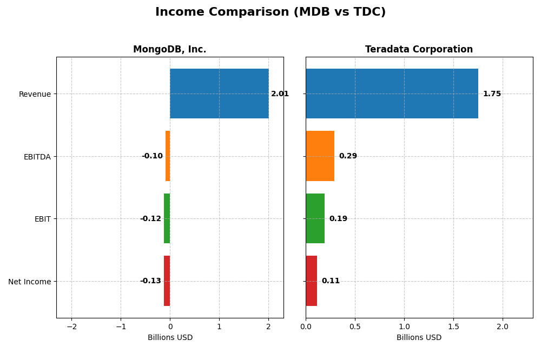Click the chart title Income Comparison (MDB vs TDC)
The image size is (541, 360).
(x=270, y=12)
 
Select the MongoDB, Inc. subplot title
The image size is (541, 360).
(x=169, y=49)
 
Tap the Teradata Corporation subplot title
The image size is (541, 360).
(x=419, y=49)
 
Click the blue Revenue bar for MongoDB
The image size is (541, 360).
(x=219, y=94)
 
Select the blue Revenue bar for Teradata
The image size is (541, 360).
(x=392, y=94)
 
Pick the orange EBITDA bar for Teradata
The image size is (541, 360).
(x=320, y=156)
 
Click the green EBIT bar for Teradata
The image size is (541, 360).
(x=315, y=218)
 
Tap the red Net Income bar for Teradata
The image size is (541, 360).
(x=311, y=281)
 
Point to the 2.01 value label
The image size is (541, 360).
(x=280, y=94)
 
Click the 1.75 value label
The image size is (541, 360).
(x=492, y=94)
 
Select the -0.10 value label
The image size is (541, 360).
(x=152, y=156)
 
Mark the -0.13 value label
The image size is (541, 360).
(x=150, y=281)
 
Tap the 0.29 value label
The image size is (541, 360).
(x=348, y=156)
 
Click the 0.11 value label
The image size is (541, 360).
(x=331, y=281)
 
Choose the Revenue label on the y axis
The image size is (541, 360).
(x=35, y=94)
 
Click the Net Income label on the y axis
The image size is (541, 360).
(x=30, y=282)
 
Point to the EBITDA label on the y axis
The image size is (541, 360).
(x=37, y=157)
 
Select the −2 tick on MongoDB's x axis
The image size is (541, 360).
(x=71, y=327)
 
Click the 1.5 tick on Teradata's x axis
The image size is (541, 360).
(x=453, y=327)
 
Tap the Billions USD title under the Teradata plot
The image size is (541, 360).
(x=419, y=337)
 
